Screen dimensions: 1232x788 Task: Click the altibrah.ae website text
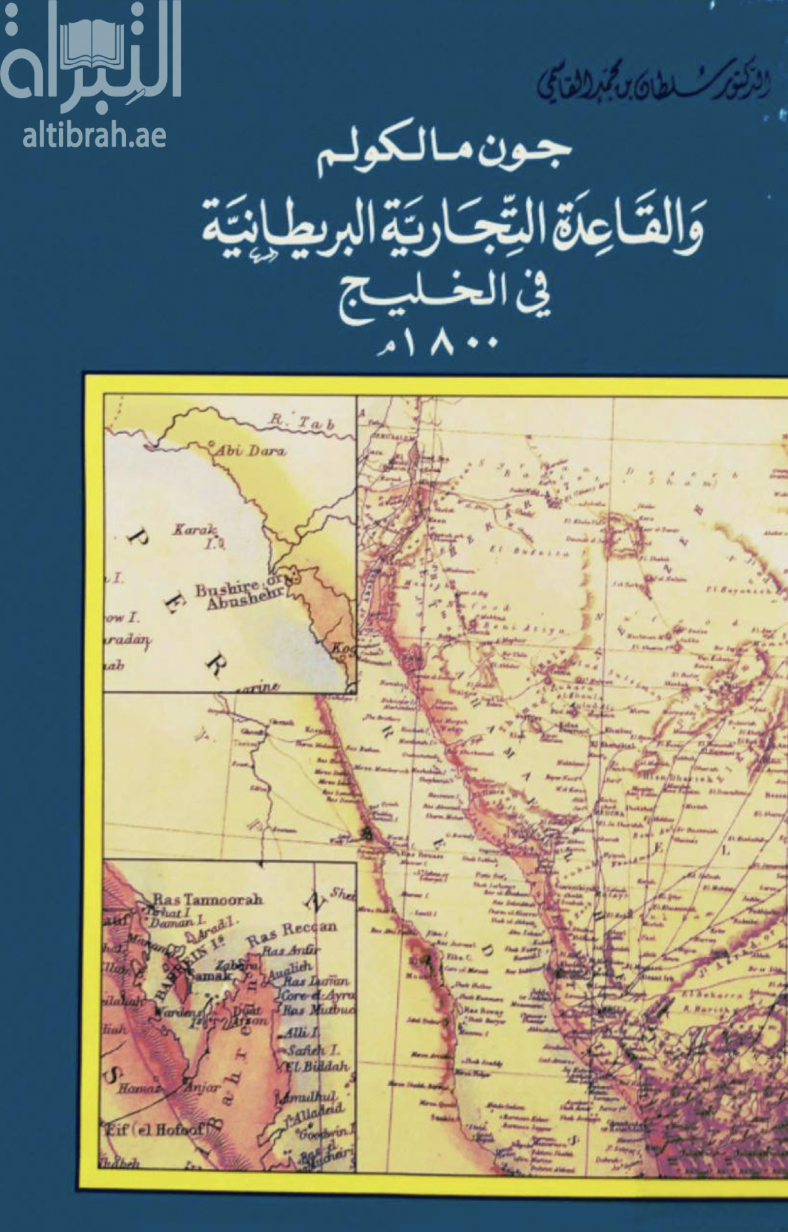(x=94, y=135)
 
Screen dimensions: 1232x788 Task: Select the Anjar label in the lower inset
(x=202, y=1087)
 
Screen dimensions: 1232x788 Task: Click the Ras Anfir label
(x=291, y=950)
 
